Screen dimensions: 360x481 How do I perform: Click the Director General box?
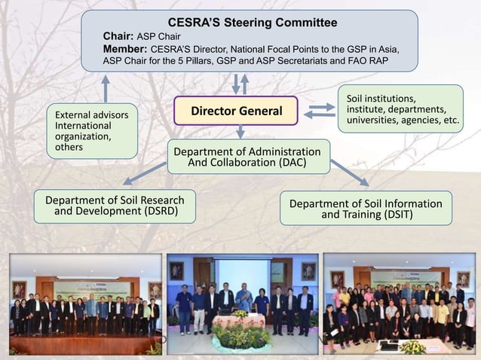pos(236,111)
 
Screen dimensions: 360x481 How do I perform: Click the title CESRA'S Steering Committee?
pos(252,23)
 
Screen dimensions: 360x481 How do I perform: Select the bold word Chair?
pos(118,35)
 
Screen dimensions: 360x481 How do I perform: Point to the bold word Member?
pos(125,48)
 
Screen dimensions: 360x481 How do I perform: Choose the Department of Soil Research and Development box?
pos(114,206)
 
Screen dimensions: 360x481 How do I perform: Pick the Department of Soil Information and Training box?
pos(366,209)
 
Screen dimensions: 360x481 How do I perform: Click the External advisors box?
pos(91,131)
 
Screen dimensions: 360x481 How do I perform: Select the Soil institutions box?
pos(400,108)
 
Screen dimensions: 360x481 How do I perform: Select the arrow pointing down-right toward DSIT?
pos(348,172)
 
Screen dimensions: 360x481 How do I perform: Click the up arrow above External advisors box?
pos(105,88)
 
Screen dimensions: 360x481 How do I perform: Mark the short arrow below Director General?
pos(240,132)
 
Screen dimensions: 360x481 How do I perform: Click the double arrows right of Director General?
pos(320,111)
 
